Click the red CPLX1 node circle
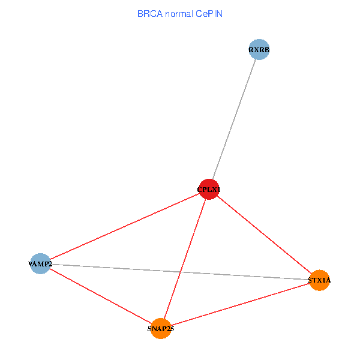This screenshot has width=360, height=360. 209,190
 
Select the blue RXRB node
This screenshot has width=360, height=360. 259,50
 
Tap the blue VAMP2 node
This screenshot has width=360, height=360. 40,263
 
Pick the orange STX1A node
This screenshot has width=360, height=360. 320,280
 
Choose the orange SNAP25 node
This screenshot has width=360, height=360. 160,328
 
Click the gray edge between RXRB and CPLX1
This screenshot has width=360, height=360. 234,120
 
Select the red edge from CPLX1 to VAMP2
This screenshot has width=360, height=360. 124,227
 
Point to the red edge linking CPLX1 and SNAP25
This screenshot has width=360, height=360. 185,259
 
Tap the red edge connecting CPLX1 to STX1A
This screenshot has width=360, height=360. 264,235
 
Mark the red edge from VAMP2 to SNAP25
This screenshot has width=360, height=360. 100,296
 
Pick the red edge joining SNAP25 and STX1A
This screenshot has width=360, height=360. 240,304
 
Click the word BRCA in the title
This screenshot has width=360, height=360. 149,13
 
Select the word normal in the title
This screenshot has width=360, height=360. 178,13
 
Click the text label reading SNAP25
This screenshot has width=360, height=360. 160,329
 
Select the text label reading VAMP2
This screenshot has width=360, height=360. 40,264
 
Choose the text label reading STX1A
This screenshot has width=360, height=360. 319,280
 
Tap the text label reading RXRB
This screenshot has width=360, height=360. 259,50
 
